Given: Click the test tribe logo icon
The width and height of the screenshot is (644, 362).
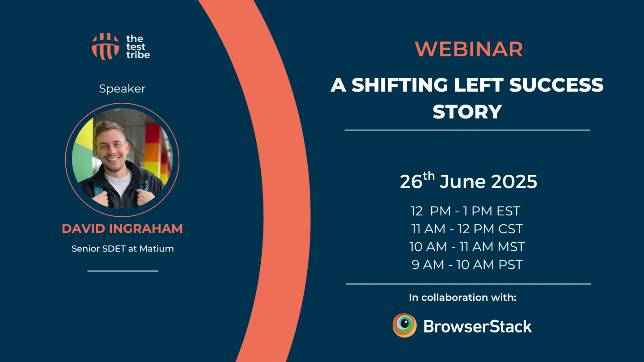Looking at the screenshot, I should click(x=105, y=46).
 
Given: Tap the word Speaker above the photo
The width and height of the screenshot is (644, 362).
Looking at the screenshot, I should click(x=122, y=89).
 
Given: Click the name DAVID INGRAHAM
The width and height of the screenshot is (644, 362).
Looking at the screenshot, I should click(x=122, y=229).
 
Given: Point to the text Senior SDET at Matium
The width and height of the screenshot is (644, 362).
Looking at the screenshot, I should click(x=123, y=248).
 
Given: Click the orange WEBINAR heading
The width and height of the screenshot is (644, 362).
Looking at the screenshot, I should click(x=468, y=50).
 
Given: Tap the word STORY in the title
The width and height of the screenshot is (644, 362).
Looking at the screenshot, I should click(x=467, y=112).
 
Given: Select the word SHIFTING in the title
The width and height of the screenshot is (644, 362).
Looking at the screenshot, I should click(x=399, y=85).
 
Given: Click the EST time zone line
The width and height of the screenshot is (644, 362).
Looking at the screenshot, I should click(x=466, y=211).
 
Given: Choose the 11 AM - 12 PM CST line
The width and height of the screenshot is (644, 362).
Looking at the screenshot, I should click(x=467, y=229).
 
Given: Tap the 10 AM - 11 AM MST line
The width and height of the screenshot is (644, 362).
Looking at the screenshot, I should click(x=467, y=247).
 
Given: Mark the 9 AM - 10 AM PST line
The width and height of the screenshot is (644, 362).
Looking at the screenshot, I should click(x=467, y=265).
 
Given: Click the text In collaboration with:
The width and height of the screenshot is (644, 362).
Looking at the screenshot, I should click(x=462, y=297).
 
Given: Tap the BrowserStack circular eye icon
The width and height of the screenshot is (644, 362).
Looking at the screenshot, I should click(x=405, y=325).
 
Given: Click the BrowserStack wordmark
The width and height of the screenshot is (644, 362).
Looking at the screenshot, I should click(x=477, y=327).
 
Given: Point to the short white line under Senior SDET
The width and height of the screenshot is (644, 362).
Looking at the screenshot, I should click(x=123, y=271).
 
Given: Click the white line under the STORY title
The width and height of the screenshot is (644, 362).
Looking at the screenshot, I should click(x=467, y=130).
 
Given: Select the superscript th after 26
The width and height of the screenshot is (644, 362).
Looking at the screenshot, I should click(x=429, y=176).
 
